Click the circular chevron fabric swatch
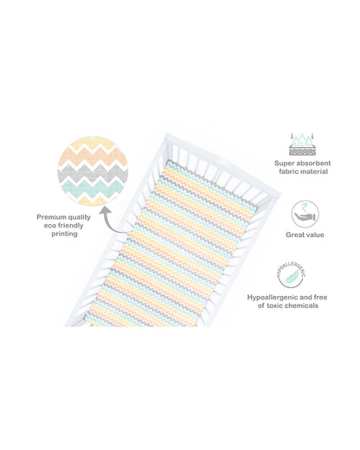[93, 170]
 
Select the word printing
[64, 234]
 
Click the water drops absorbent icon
[302, 145]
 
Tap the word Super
[285, 164]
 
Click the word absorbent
[313, 163]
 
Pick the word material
[314, 171]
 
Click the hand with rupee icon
[305, 214]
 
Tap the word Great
[294, 235]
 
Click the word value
[315, 235]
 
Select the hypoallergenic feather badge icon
[291, 275]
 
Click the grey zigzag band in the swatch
[93, 172]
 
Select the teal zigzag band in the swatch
[93, 188]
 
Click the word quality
[80, 217]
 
